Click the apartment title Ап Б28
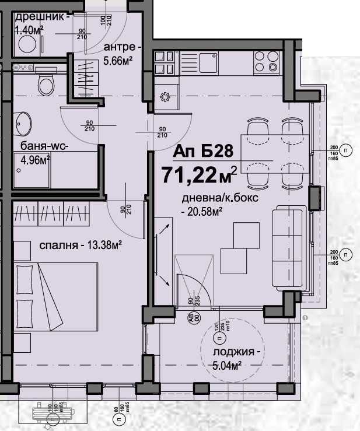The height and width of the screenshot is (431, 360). click(203, 151)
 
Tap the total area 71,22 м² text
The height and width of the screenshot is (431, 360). click(200, 173)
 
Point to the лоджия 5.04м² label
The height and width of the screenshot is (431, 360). click(235, 359)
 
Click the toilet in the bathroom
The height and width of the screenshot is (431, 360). click(44, 85)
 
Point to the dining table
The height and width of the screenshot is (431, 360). click(274, 150)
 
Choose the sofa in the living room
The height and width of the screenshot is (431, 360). click(288, 247)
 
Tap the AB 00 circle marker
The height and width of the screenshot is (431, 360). click(190, 318)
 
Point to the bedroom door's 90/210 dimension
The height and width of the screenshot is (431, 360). click(125, 209)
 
